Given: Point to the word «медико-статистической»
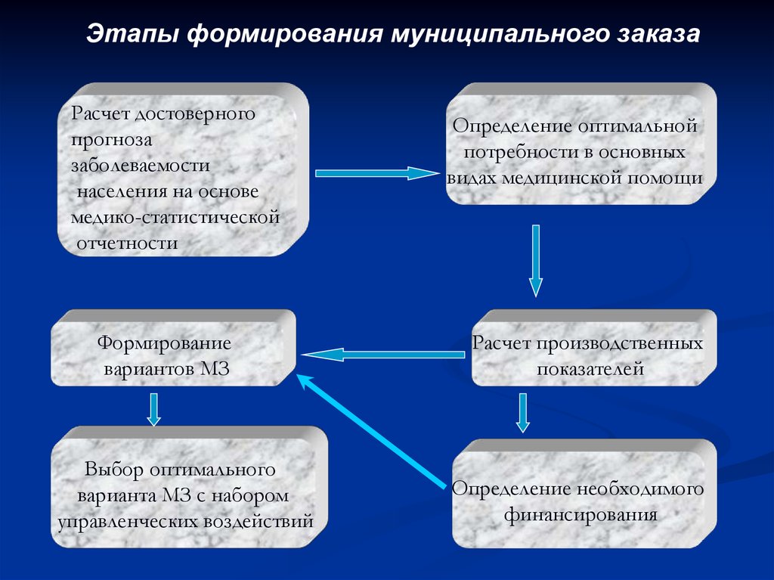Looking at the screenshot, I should pyautogui.click(x=175, y=218).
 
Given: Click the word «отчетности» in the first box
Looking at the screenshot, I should pyautogui.click(x=127, y=243).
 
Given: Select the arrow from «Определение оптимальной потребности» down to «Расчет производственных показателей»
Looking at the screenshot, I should pyautogui.click(x=536, y=259).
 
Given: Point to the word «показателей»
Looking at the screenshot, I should pyautogui.click(x=590, y=369).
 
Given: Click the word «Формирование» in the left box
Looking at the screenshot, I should pyautogui.click(x=163, y=343).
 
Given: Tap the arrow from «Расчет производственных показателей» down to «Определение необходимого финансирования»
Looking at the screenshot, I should pyautogui.click(x=522, y=413).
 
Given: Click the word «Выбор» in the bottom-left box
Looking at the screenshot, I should pyautogui.click(x=113, y=470).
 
